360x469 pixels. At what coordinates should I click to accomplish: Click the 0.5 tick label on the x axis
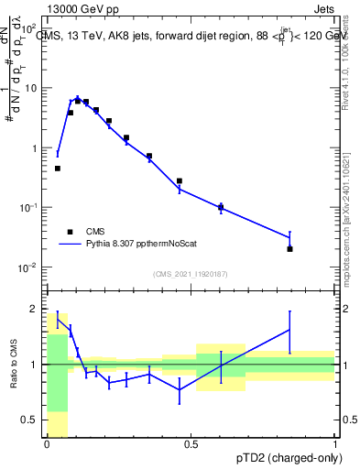tap(191, 443)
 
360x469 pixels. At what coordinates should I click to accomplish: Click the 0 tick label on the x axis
tap(47, 443)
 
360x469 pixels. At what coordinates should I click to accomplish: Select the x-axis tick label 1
tap(334, 443)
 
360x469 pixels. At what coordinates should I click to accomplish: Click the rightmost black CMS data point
tap(289, 248)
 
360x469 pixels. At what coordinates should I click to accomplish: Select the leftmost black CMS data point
tap(57, 169)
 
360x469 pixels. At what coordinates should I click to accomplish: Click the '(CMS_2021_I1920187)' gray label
tap(191, 274)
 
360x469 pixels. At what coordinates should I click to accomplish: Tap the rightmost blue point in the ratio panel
tap(289, 329)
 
